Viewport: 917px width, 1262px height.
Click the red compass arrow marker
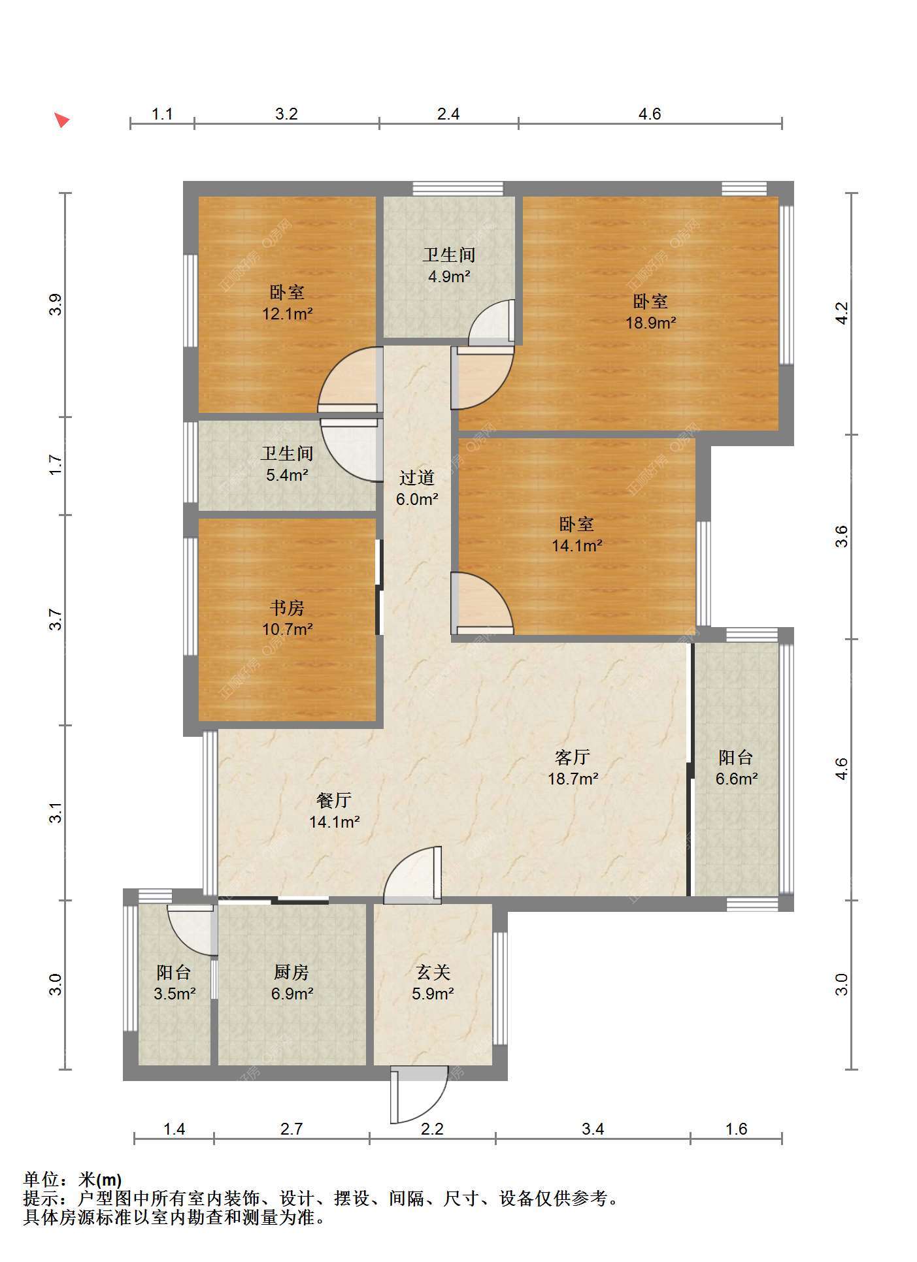(61, 120)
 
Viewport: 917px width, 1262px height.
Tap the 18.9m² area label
(650, 323)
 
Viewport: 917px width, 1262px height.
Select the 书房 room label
(287, 608)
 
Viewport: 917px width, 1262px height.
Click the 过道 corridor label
(417, 478)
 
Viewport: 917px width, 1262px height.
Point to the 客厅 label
(573, 758)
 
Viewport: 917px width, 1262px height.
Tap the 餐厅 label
(334, 800)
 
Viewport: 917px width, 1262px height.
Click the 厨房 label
(292, 973)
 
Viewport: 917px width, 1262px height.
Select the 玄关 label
(433, 973)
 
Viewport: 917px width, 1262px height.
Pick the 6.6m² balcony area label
(737, 779)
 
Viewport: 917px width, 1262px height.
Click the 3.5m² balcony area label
(175, 994)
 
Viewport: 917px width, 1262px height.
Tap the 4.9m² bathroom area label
(450, 277)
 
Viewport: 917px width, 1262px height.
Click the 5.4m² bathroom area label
(288, 476)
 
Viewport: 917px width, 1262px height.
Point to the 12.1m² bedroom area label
(288, 314)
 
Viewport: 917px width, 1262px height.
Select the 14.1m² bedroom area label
(577, 545)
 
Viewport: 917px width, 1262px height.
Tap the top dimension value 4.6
(650, 114)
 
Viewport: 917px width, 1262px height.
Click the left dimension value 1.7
(57, 465)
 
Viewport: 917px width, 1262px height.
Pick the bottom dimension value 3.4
(593, 1129)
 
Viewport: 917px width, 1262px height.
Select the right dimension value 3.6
(842, 536)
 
